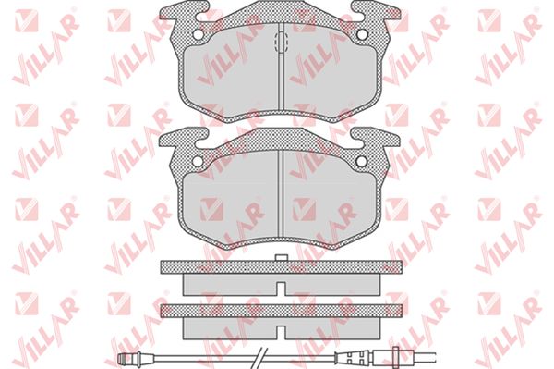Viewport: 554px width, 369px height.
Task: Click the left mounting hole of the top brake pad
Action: [198, 34]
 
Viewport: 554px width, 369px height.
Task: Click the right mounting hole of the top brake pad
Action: [362, 34]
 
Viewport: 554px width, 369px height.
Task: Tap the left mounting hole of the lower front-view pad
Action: [198, 161]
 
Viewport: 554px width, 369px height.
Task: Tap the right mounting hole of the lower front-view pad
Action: [362, 161]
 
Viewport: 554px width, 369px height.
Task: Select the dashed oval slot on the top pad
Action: [282, 43]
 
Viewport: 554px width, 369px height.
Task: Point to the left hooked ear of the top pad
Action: [184, 10]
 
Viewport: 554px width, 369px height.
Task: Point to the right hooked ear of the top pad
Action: [376, 10]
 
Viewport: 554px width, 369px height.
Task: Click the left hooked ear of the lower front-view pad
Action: [184, 138]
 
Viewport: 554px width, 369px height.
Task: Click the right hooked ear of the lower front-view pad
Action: [376, 138]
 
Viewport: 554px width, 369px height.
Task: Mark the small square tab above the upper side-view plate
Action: [282, 257]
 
